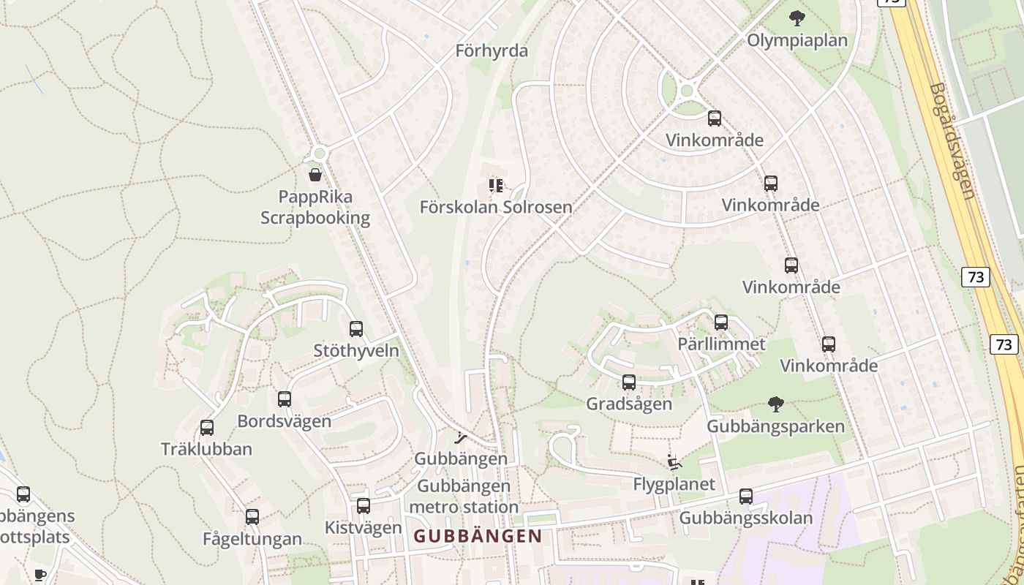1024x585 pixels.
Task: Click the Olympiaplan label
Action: [797, 40]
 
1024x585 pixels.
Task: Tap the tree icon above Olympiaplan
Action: [797, 18]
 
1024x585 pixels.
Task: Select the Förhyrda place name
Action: [492, 51]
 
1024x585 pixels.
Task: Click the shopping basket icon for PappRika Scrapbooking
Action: [315, 175]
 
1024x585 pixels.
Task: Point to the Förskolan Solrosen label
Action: [496, 207]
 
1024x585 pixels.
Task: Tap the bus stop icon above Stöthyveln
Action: [356, 329]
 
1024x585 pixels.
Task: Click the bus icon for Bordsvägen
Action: [285, 399]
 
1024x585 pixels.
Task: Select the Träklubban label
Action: [206, 449]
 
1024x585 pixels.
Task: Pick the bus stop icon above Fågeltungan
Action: [252, 517]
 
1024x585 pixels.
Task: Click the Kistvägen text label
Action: [364, 527]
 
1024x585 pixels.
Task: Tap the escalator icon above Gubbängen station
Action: [461, 438]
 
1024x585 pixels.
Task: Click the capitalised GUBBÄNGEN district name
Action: [478, 536]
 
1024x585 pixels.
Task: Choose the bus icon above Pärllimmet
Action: [721, 322]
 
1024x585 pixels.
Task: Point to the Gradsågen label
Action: [629, 404]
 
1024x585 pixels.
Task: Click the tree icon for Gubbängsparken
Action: [776, 404]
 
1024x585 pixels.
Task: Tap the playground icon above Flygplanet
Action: [674, 462]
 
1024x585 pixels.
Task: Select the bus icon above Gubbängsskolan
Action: [746, 497]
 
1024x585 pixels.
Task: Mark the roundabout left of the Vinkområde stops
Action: [685, 91]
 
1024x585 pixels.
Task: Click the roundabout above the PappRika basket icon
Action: [318, 154]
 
